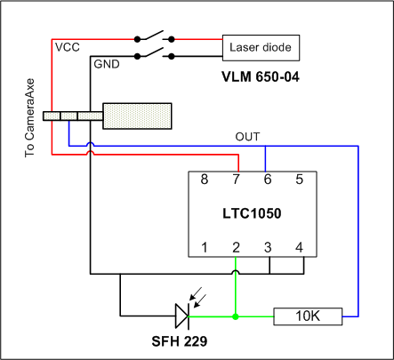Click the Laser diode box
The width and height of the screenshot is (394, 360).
[261, 48]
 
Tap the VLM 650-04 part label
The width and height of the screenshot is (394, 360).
[261, 77]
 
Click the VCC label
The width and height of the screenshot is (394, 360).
[68, 47]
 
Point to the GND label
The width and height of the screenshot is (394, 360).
[107, 64]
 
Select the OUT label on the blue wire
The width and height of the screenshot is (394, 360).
[247, 137]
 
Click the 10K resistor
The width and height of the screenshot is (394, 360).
[308, 316]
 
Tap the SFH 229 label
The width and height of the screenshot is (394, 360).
[180, 341]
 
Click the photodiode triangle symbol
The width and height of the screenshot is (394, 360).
[182, 316]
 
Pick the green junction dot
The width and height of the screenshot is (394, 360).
[236, 316]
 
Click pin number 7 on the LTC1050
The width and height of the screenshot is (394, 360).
[236, 180]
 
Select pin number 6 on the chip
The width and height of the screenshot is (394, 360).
[268, 180]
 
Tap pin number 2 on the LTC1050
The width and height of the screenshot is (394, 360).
[236, 247]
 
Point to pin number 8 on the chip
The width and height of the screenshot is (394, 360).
[205, 180]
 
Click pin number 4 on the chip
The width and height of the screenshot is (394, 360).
[299, 247]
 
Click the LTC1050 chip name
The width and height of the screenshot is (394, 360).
[252, 213]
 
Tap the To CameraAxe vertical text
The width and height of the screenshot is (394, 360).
[29, 118]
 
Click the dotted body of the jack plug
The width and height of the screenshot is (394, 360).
[137, 116]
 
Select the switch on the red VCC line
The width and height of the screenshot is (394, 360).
[154, 36]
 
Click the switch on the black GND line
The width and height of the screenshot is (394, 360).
[154, 53]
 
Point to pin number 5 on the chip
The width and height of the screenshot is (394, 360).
[299, 180]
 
